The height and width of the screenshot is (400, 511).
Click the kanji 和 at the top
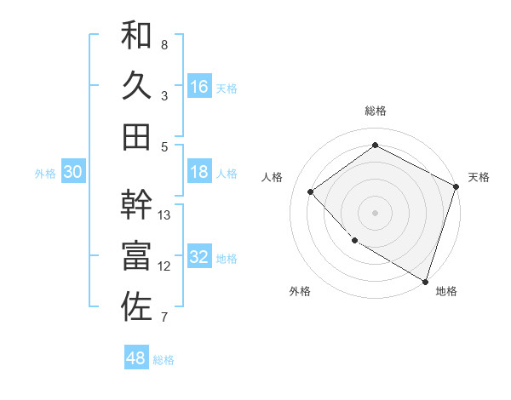click(136, 37)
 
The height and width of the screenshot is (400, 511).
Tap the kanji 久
click(136, 86)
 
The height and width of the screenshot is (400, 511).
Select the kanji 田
click(136, 136)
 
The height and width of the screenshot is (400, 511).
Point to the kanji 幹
click(136, 204)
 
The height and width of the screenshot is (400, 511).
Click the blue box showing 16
click(199, 87)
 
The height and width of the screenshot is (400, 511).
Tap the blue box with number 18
click(199, 172)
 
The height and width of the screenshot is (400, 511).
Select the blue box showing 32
click(199, 257)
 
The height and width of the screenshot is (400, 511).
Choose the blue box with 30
click(73, 172)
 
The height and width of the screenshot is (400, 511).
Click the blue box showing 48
click(136, 358)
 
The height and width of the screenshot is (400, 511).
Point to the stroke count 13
click(165, 215)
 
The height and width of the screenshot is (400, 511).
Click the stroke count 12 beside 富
click(165, 266)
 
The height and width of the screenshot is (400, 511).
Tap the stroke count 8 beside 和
click(164, 45)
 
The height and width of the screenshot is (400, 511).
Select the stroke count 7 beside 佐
click(164, 317)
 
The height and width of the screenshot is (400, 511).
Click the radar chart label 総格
click(376, 111)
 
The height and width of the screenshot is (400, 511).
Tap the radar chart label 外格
click(300, 291)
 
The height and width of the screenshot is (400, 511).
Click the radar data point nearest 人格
click(311, 191)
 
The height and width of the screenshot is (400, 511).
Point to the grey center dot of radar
click(376, 212)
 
